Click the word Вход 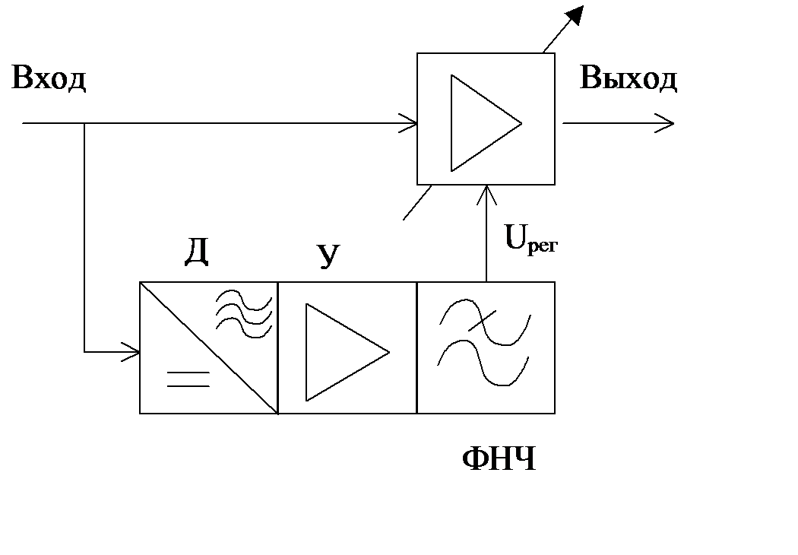pyautogui.click(x=49, y=79)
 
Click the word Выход pyautogui.click(x=629, y=78)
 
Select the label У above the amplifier pyautogui.click(x=327, y=257)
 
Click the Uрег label pyautogui.click(x=530, y=242)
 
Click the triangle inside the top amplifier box pyautogui.click(x=479, y=122)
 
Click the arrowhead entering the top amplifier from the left pyautogui.click(x=410, y=122)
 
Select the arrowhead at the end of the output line pyautogui.click(x=666, y=122)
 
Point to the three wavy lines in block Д pyautogui.click(x=243, y=312)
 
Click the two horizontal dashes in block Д pyautogui.click(x=188, y=379)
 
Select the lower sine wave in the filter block pyautogui.click(x=484, y=363)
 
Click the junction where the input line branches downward pyautogui.click(x=84, y=122)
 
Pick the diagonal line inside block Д pyautogui.click(x=209, y=347)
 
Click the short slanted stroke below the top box pyautogui.click(x=417, y=203)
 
